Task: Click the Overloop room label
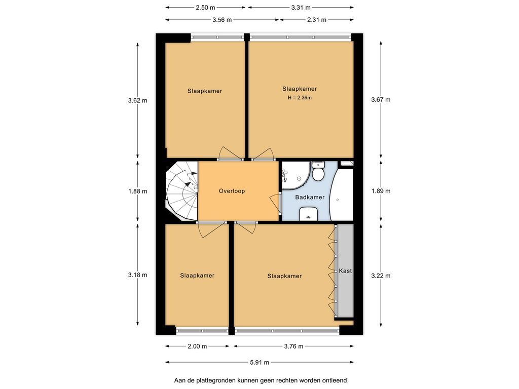coord(232,191)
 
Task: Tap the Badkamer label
coord(310,197)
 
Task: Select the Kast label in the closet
coord(345,270)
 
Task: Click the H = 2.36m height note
coord(300,98)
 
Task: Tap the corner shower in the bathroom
coord(295,176)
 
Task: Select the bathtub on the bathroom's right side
coord(341,195)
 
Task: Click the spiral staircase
coord(181,191)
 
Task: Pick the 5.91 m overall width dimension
coord(259,362)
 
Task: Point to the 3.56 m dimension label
coord(222,20)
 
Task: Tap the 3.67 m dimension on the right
coord(381,100)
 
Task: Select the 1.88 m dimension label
coord(138,191)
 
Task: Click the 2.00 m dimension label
coord(197,346)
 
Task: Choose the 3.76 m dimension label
coord(293,346)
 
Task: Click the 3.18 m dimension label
coord(138,275)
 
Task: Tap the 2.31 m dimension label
coord(317,20)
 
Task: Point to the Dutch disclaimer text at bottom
coord(262,380)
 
